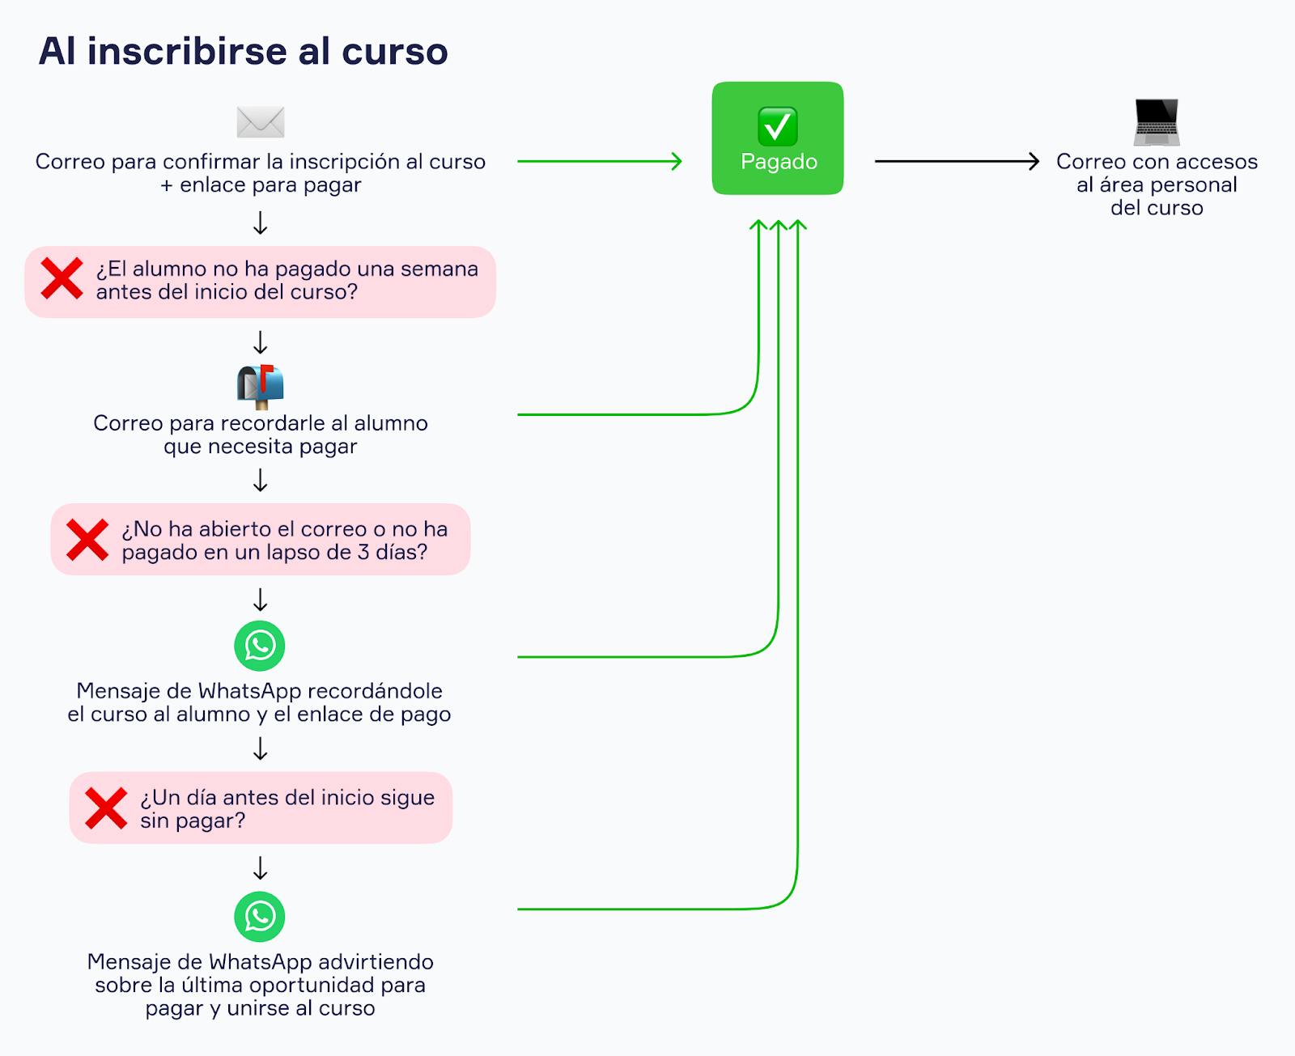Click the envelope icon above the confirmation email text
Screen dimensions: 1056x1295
coord(261,122)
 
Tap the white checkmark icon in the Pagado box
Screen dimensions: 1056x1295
coord(778,126)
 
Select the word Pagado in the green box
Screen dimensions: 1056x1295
coord(779,162)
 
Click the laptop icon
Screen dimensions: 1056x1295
coord(1157,121)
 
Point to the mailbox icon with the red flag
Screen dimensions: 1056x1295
coord(261,385)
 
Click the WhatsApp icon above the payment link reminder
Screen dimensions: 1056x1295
coord(260,646)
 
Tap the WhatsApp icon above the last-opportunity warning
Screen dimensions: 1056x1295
coord(260,917)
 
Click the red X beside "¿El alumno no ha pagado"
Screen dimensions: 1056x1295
coord(62,278)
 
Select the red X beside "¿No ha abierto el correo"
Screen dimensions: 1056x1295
coord(87,540)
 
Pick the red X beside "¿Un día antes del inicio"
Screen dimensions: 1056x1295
coord(106,808)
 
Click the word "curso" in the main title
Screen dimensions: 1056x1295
coord(394,51)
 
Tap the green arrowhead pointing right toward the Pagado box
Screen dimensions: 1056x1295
coord(676,161)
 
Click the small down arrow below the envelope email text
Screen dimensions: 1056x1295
coord(261,223)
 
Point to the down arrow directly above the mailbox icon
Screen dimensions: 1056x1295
coord(261,342)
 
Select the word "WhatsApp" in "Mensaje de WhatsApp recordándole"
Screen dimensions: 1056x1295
coord(249,691)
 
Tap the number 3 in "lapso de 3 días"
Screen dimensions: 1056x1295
coord(363,552)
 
